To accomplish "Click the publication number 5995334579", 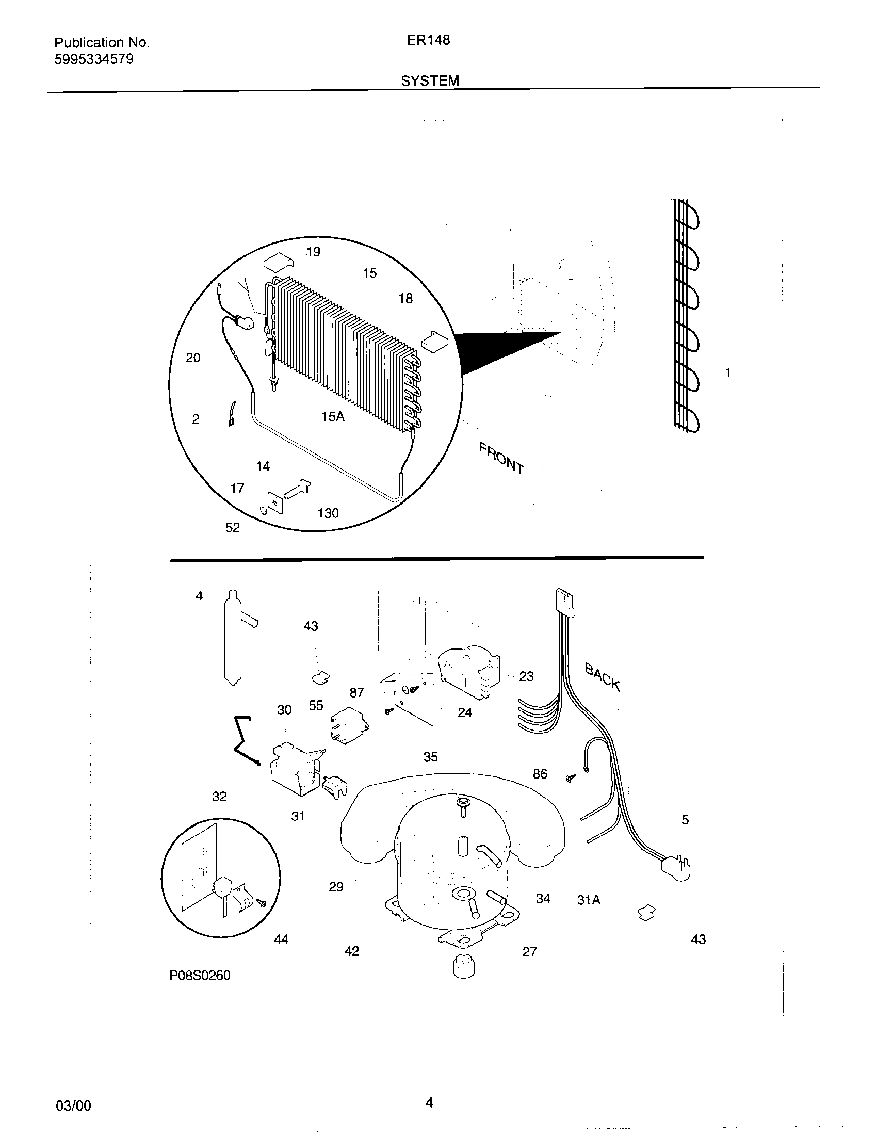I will click(x=94, y=59).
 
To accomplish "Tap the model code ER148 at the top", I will click(x=428, y=40).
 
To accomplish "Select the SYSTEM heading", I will click(x=430, y=80).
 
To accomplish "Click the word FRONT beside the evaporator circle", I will click(x=501, y=457).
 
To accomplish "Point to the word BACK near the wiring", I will click(x=602, y=677).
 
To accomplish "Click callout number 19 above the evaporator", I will click(x=313, y=252).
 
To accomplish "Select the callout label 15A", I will click(x=333, y=416).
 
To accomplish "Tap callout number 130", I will click(x=328, y=513).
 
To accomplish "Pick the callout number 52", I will click(x=233, y=527).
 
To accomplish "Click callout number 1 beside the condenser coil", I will click(x=728, y=372).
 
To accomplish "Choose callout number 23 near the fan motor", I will click(x=526, y=676).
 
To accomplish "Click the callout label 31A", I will click(x=589, y=900).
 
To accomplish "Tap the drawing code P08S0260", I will click(x=200, y=976).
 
